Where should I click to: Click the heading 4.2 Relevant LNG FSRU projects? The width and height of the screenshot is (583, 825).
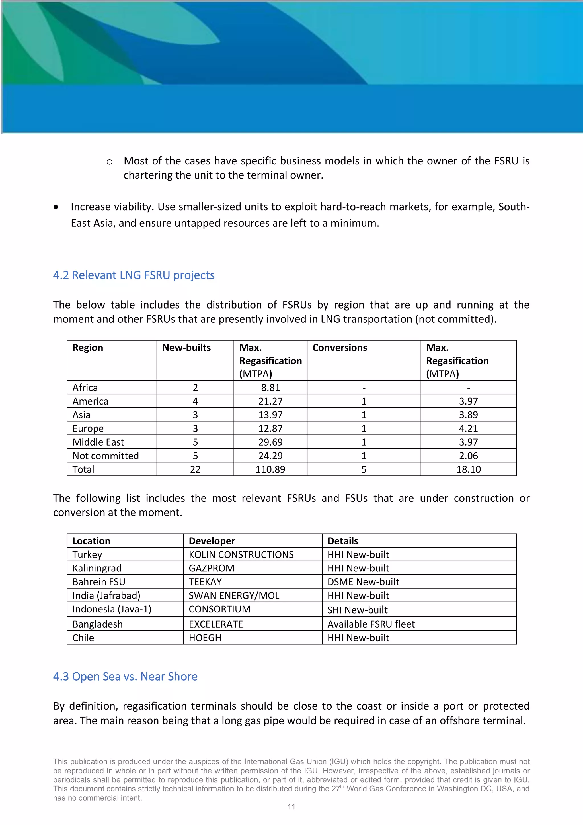(134, 275)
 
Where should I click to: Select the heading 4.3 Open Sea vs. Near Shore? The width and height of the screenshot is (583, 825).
(125, 677)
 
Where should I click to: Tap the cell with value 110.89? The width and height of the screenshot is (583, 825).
(270, 469)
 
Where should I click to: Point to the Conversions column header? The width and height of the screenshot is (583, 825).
(340, 348)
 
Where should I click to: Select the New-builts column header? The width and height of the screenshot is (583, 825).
(186, 348)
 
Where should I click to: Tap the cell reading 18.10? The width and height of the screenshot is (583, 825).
(468, 469)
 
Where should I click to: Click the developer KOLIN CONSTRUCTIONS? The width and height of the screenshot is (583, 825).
(241, 554)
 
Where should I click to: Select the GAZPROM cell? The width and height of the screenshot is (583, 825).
(212, 568)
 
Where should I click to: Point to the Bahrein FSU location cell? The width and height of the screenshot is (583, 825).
(99, 582)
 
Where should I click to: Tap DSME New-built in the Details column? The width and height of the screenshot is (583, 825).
(363, 582)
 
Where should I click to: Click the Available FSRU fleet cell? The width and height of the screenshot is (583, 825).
(371, 624)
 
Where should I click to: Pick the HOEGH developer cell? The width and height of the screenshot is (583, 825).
(205, 638)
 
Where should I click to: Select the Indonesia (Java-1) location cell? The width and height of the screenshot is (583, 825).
(112, 609)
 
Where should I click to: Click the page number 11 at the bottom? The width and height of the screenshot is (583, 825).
(291, 807)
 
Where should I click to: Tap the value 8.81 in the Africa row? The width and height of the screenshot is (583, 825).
(270, 387)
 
